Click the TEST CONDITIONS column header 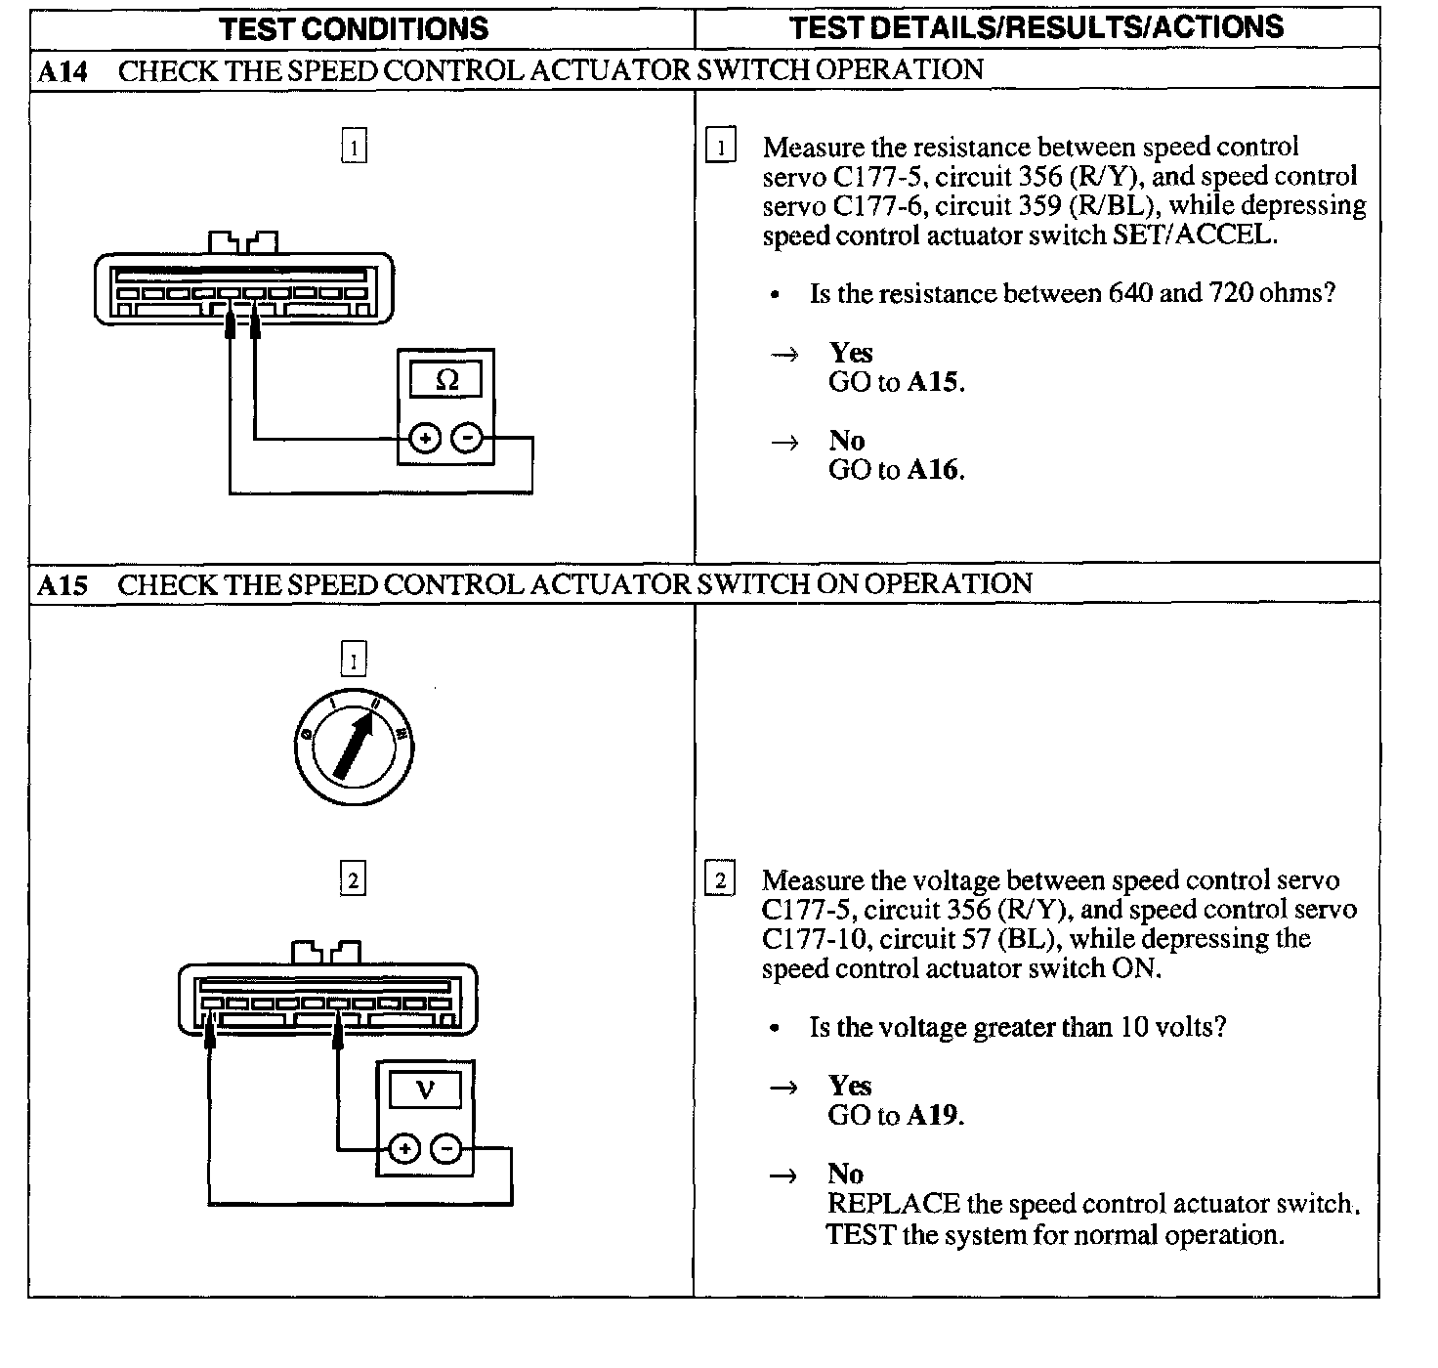354,28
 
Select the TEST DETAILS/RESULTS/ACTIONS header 1036,27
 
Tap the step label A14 63,71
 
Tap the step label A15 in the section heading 63,585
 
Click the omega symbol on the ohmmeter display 446,379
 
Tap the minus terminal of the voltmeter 446,1149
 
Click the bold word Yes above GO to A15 851,353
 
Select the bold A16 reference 934,470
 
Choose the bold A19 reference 934,1115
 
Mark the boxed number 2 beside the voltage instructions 720,880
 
